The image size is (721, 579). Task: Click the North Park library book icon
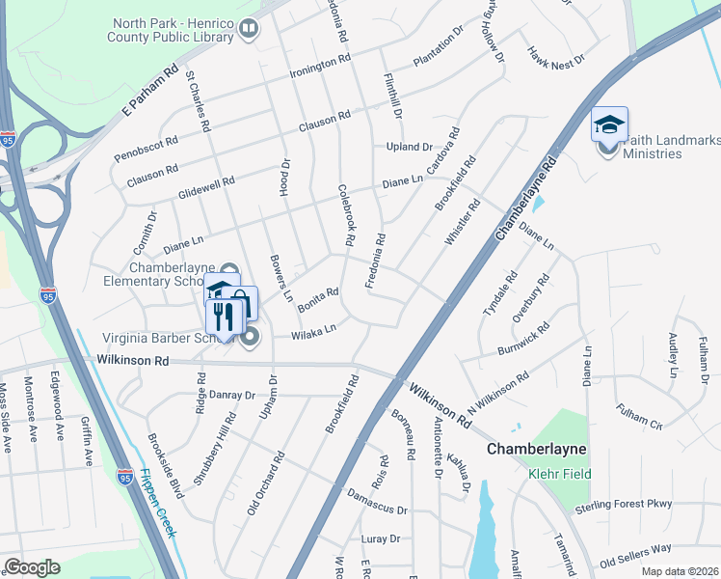pos(249,30)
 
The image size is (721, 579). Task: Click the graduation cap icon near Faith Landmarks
pos(609,124)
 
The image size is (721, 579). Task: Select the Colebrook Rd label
pos(348,213)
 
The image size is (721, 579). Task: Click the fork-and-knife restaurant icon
pos(224,317)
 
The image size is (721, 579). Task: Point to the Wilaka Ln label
pos(314,330)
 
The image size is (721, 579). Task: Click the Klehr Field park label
pos(559,474)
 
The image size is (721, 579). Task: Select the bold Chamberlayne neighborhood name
pos(537,450)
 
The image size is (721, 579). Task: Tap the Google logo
pos(32,567)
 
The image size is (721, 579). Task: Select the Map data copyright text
pos(680,571)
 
